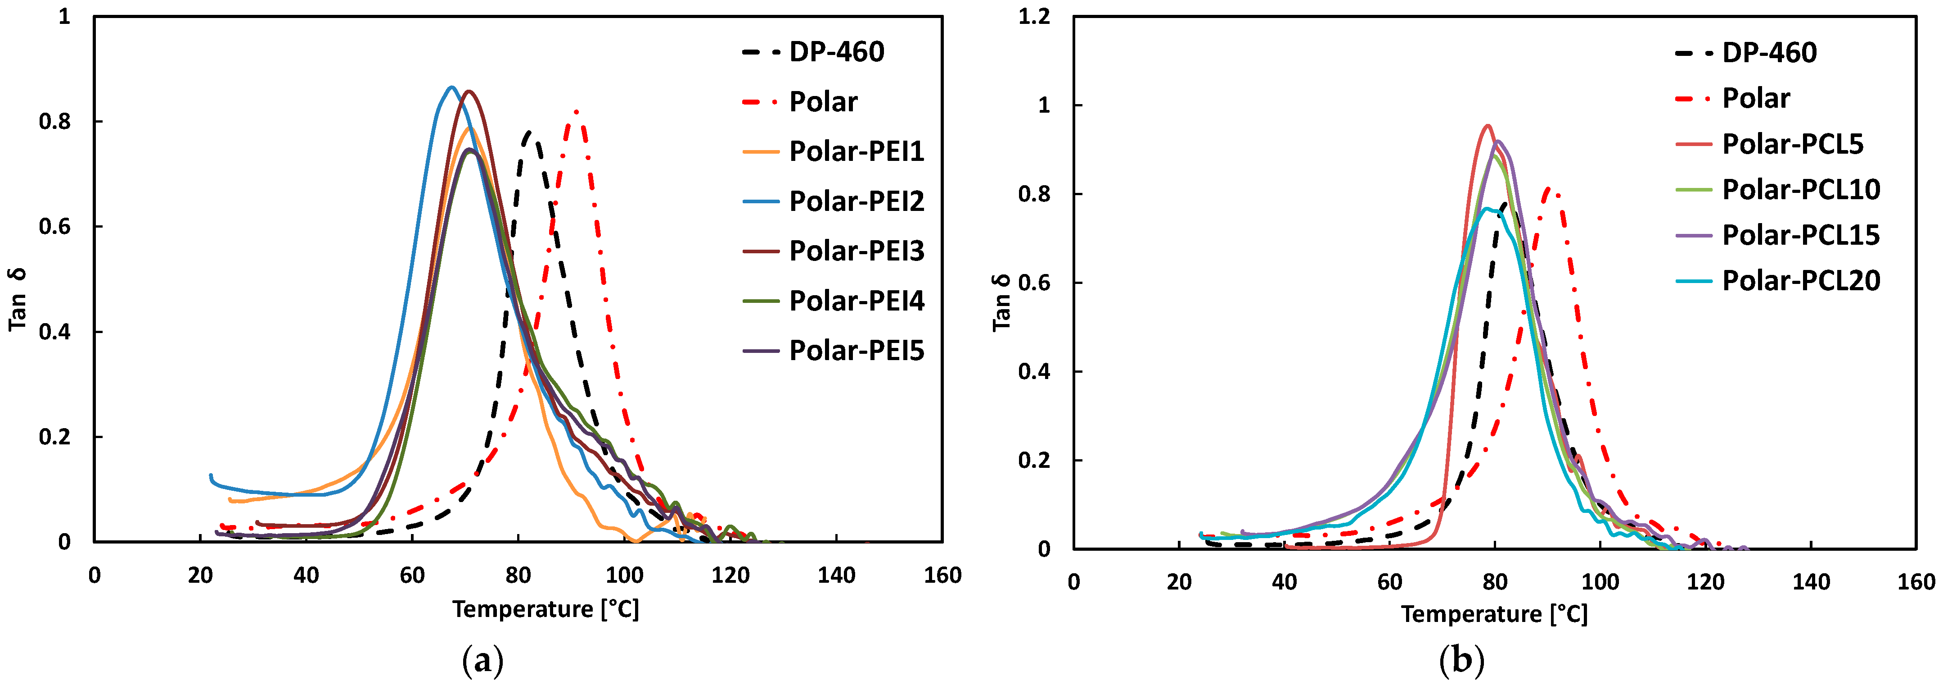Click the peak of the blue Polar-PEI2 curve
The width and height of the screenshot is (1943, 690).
[x=451, y=87]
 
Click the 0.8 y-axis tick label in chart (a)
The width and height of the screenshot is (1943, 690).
[x=54, y=122]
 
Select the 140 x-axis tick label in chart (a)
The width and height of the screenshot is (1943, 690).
[x=836, y=575]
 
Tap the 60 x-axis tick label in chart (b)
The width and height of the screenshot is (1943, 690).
[x=1389, y=581]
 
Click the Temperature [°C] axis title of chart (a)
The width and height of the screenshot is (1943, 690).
[x=545, y=608]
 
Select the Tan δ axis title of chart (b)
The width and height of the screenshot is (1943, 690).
[x=1001, y=302]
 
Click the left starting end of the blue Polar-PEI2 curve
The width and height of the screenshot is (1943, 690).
[x=211, y=475]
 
